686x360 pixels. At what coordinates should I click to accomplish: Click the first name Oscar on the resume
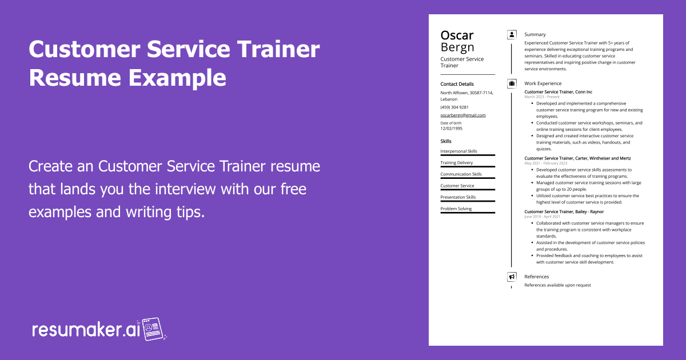click(457, 35)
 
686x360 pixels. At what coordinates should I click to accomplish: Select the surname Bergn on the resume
click(457, 47)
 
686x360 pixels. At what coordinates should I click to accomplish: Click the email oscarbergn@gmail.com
click(463, 115)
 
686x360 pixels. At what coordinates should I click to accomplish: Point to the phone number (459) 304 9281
click(454, 107)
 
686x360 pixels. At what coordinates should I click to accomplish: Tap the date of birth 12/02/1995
click(452, 128)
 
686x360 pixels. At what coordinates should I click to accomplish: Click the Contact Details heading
click(457, 84)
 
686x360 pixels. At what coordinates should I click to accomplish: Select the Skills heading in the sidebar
click(446, 141)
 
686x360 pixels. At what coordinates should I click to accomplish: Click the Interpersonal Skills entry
click(458, 151)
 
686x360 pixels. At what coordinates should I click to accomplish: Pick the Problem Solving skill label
click(456, 209)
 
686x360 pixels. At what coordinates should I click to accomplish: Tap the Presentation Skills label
click(458, 197)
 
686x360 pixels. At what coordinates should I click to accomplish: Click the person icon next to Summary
click(511, 34)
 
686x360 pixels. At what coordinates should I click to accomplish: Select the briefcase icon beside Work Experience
click(511, 83)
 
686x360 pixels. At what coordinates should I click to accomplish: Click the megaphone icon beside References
click(511, 277)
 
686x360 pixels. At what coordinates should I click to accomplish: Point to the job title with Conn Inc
click(558, 92)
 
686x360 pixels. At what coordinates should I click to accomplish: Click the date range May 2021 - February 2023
click(546, 163)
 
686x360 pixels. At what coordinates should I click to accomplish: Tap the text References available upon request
click(557, 285)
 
